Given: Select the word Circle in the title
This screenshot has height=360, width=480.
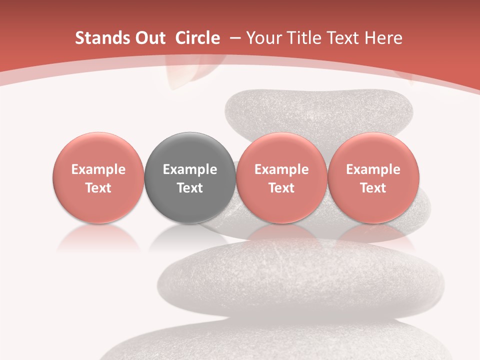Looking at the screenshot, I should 197,38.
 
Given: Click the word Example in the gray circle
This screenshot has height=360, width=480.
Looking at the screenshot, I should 190,169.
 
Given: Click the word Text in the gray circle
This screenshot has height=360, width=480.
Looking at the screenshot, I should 190,188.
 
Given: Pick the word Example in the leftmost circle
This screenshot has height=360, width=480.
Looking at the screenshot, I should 98,169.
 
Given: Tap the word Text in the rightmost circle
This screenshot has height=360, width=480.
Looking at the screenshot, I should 373,188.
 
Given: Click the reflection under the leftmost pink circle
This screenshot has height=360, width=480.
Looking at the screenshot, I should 98,238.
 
